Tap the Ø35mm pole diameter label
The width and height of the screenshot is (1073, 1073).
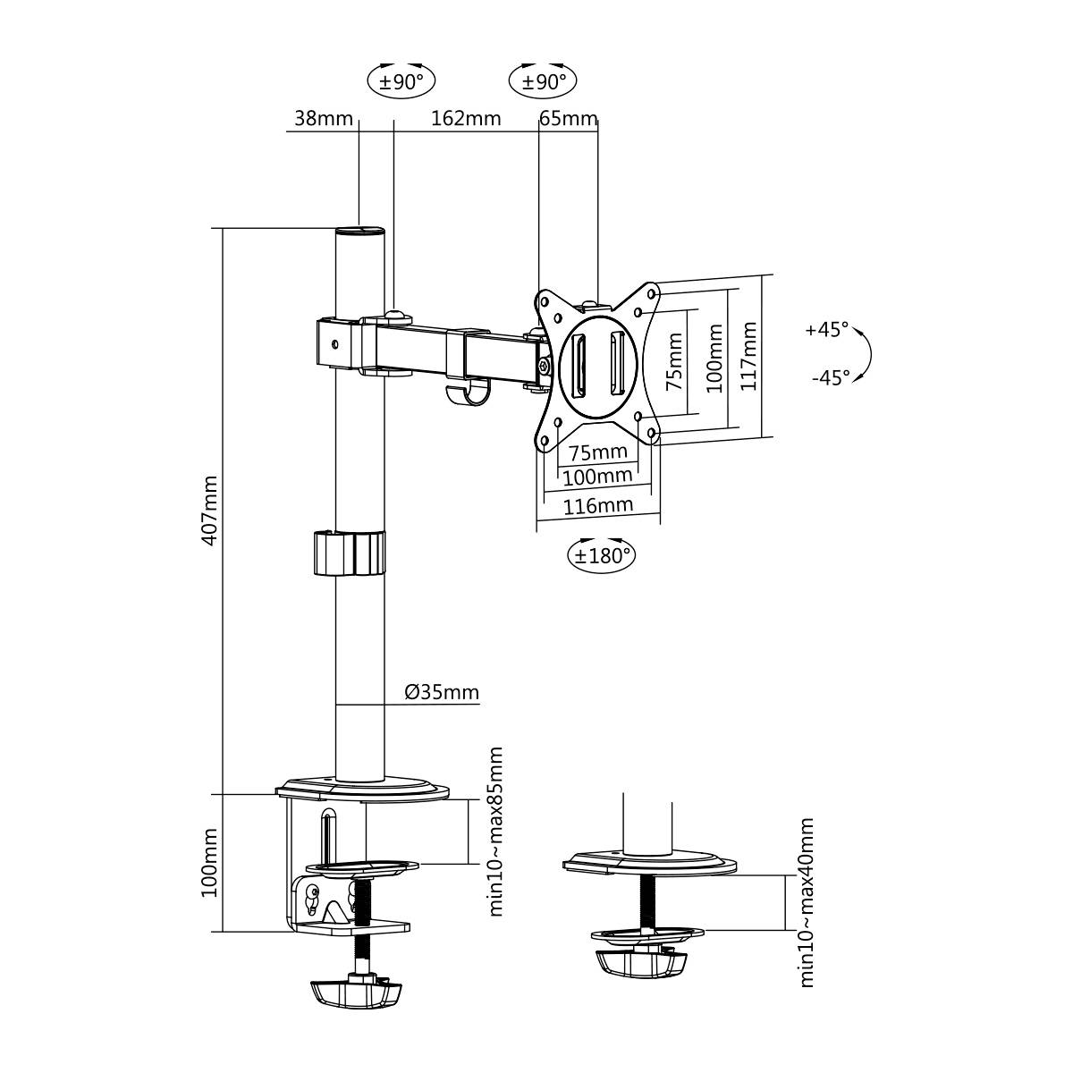coord(441,692)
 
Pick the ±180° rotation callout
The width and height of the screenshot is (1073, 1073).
coord(602,555)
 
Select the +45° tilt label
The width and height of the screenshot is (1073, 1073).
coord(826,330)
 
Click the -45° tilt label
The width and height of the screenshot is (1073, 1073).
coord(830,378)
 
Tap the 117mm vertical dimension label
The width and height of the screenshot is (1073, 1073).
coord(749,355)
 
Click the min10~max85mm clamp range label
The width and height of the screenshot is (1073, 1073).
coord(497,832)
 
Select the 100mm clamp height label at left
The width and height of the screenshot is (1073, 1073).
coord(210,863)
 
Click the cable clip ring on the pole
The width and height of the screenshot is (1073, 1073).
coord(349,553)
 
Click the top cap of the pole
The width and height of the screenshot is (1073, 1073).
coord(359,231)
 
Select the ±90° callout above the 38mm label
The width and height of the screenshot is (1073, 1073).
coord(401,81)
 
